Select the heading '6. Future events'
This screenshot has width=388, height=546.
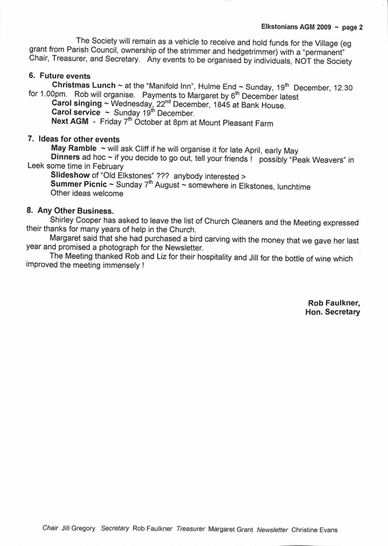(59, 75)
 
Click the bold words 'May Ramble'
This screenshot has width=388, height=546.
(74, 149)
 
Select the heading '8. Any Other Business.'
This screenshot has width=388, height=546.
(70, 211)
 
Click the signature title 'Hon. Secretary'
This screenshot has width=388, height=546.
(333, 312)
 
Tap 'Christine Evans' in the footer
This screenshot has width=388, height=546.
(314, 529)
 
